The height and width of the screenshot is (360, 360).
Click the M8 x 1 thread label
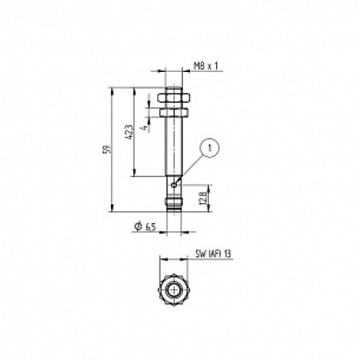tap(205, 66)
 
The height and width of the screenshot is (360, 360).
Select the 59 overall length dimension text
tap(109, 149)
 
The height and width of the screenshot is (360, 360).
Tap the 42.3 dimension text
tap(129, 132)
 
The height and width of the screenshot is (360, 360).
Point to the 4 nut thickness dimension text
tap(144, 128)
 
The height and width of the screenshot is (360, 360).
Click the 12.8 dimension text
tap(203, 198)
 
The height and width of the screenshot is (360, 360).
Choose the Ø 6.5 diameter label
tap(145, 227)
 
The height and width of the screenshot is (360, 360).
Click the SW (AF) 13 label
tap(213, 253)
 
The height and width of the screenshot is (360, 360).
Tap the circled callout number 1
tap(210, 148)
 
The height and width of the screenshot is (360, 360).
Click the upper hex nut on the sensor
tap(174, 97)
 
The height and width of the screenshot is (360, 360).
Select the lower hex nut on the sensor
tap(174, 113)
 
